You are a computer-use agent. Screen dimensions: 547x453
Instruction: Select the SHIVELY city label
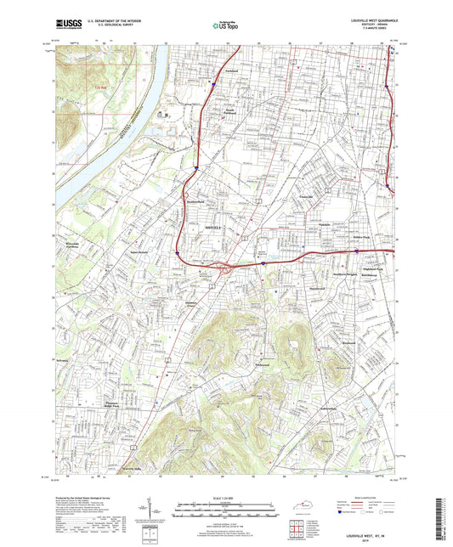[x=194, y=228]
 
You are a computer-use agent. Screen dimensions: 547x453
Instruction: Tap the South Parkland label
[x=224, y=110]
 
